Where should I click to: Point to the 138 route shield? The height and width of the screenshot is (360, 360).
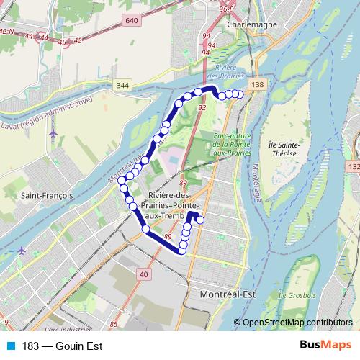tap(257, 85)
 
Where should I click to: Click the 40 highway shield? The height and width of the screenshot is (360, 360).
tap(144, 274)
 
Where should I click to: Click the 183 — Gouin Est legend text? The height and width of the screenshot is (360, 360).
tap(62, 346)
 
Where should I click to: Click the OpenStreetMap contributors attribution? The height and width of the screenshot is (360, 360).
tap(298, 322)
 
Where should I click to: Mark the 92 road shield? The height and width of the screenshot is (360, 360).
tap(202, 107)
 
